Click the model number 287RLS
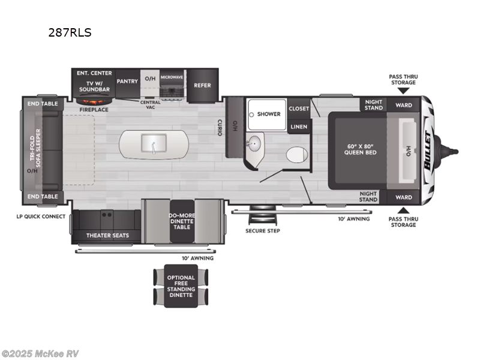pyautogui.click(x=70, y=32)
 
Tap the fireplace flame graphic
pyautogui.click(x=94, y=101)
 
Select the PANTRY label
pyautogui.click(x=127, y=81)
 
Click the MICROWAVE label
pyautogui.click(x=172, y=77)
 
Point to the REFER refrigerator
pyautogui.click(x=202, y=85)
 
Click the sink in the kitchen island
pyautogui.click(x=154, y=143)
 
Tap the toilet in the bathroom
pyautogui.click(x=296, y=155)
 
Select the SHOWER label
pyautogui.click(x=269, y=114)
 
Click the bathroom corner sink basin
pyautogui.click(x=254, y=143)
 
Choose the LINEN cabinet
pyautogui.click(x=299, y=127)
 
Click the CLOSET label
pyautogui.click(x=299, y=109)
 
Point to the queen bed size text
pyautogui.click(x=360, y=149)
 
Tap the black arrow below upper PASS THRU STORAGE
pyautogui.click(x=403, y=91)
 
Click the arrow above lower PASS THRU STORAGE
pyautogui.click(x=403, y=211)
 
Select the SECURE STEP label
pyautogui.click(x=263, y=231)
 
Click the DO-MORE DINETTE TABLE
pyautogui.click(x=182, y=221)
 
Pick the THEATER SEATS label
pyautogui.click(x=107, y=235)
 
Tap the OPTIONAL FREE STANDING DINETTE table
pyautogui.click(x=181, y=286)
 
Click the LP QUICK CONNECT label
pyautogui.click(x=41, y=217)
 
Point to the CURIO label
pyautogui.click(x=220, y=127)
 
